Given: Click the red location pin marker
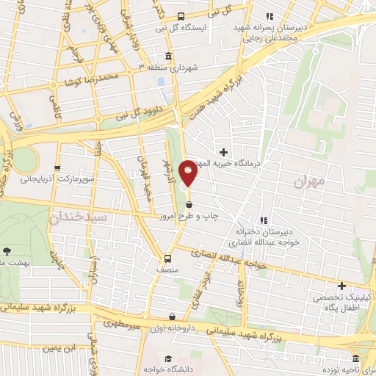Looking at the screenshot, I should [188, 173].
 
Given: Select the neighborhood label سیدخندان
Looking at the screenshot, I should [79, 217].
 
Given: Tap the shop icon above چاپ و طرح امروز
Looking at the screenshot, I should [189, 204].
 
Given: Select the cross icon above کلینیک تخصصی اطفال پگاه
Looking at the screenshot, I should [341, 286].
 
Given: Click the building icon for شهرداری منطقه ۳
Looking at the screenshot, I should [169, 57].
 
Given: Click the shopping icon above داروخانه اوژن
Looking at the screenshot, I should [172, 317].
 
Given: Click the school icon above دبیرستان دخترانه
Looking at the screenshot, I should [262, 220].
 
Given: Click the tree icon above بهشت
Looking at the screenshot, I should [7, 250].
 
